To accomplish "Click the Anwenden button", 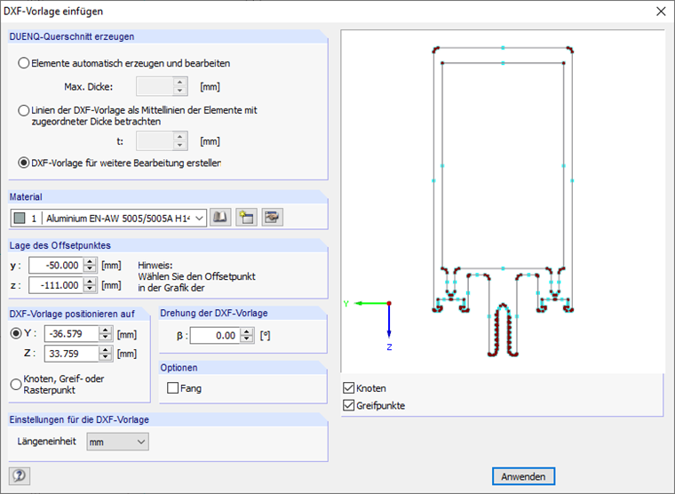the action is [x=523, y=476].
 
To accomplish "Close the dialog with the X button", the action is [x=661, y=12].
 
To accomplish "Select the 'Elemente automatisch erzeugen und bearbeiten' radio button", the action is [x=24, y=63].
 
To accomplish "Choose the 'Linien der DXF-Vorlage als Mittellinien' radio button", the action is [x=24, y=111].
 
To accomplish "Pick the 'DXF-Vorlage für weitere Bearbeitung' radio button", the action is [x=24, y=163].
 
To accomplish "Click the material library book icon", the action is [x=220, y=218].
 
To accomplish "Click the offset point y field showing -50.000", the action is [x=56, y=266].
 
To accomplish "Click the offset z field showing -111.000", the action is [x=56, y=285].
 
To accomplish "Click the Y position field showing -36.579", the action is [x=71, y=334].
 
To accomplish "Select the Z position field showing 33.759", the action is [x=71, y=354].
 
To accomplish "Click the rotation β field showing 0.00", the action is [x=215, y=336].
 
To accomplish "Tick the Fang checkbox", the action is [x=172, y=388].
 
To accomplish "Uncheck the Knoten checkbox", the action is [x=349, y=388].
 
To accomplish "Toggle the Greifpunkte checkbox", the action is [x=349, y=405].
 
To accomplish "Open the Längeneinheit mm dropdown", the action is [x=117, y=442].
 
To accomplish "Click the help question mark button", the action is [x=20, y=476].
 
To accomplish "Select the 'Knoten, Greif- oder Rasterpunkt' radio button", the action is [x=16, y=384].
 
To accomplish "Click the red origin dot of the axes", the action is [x=389, y=304].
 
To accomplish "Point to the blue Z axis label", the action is [x=389, y=347].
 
